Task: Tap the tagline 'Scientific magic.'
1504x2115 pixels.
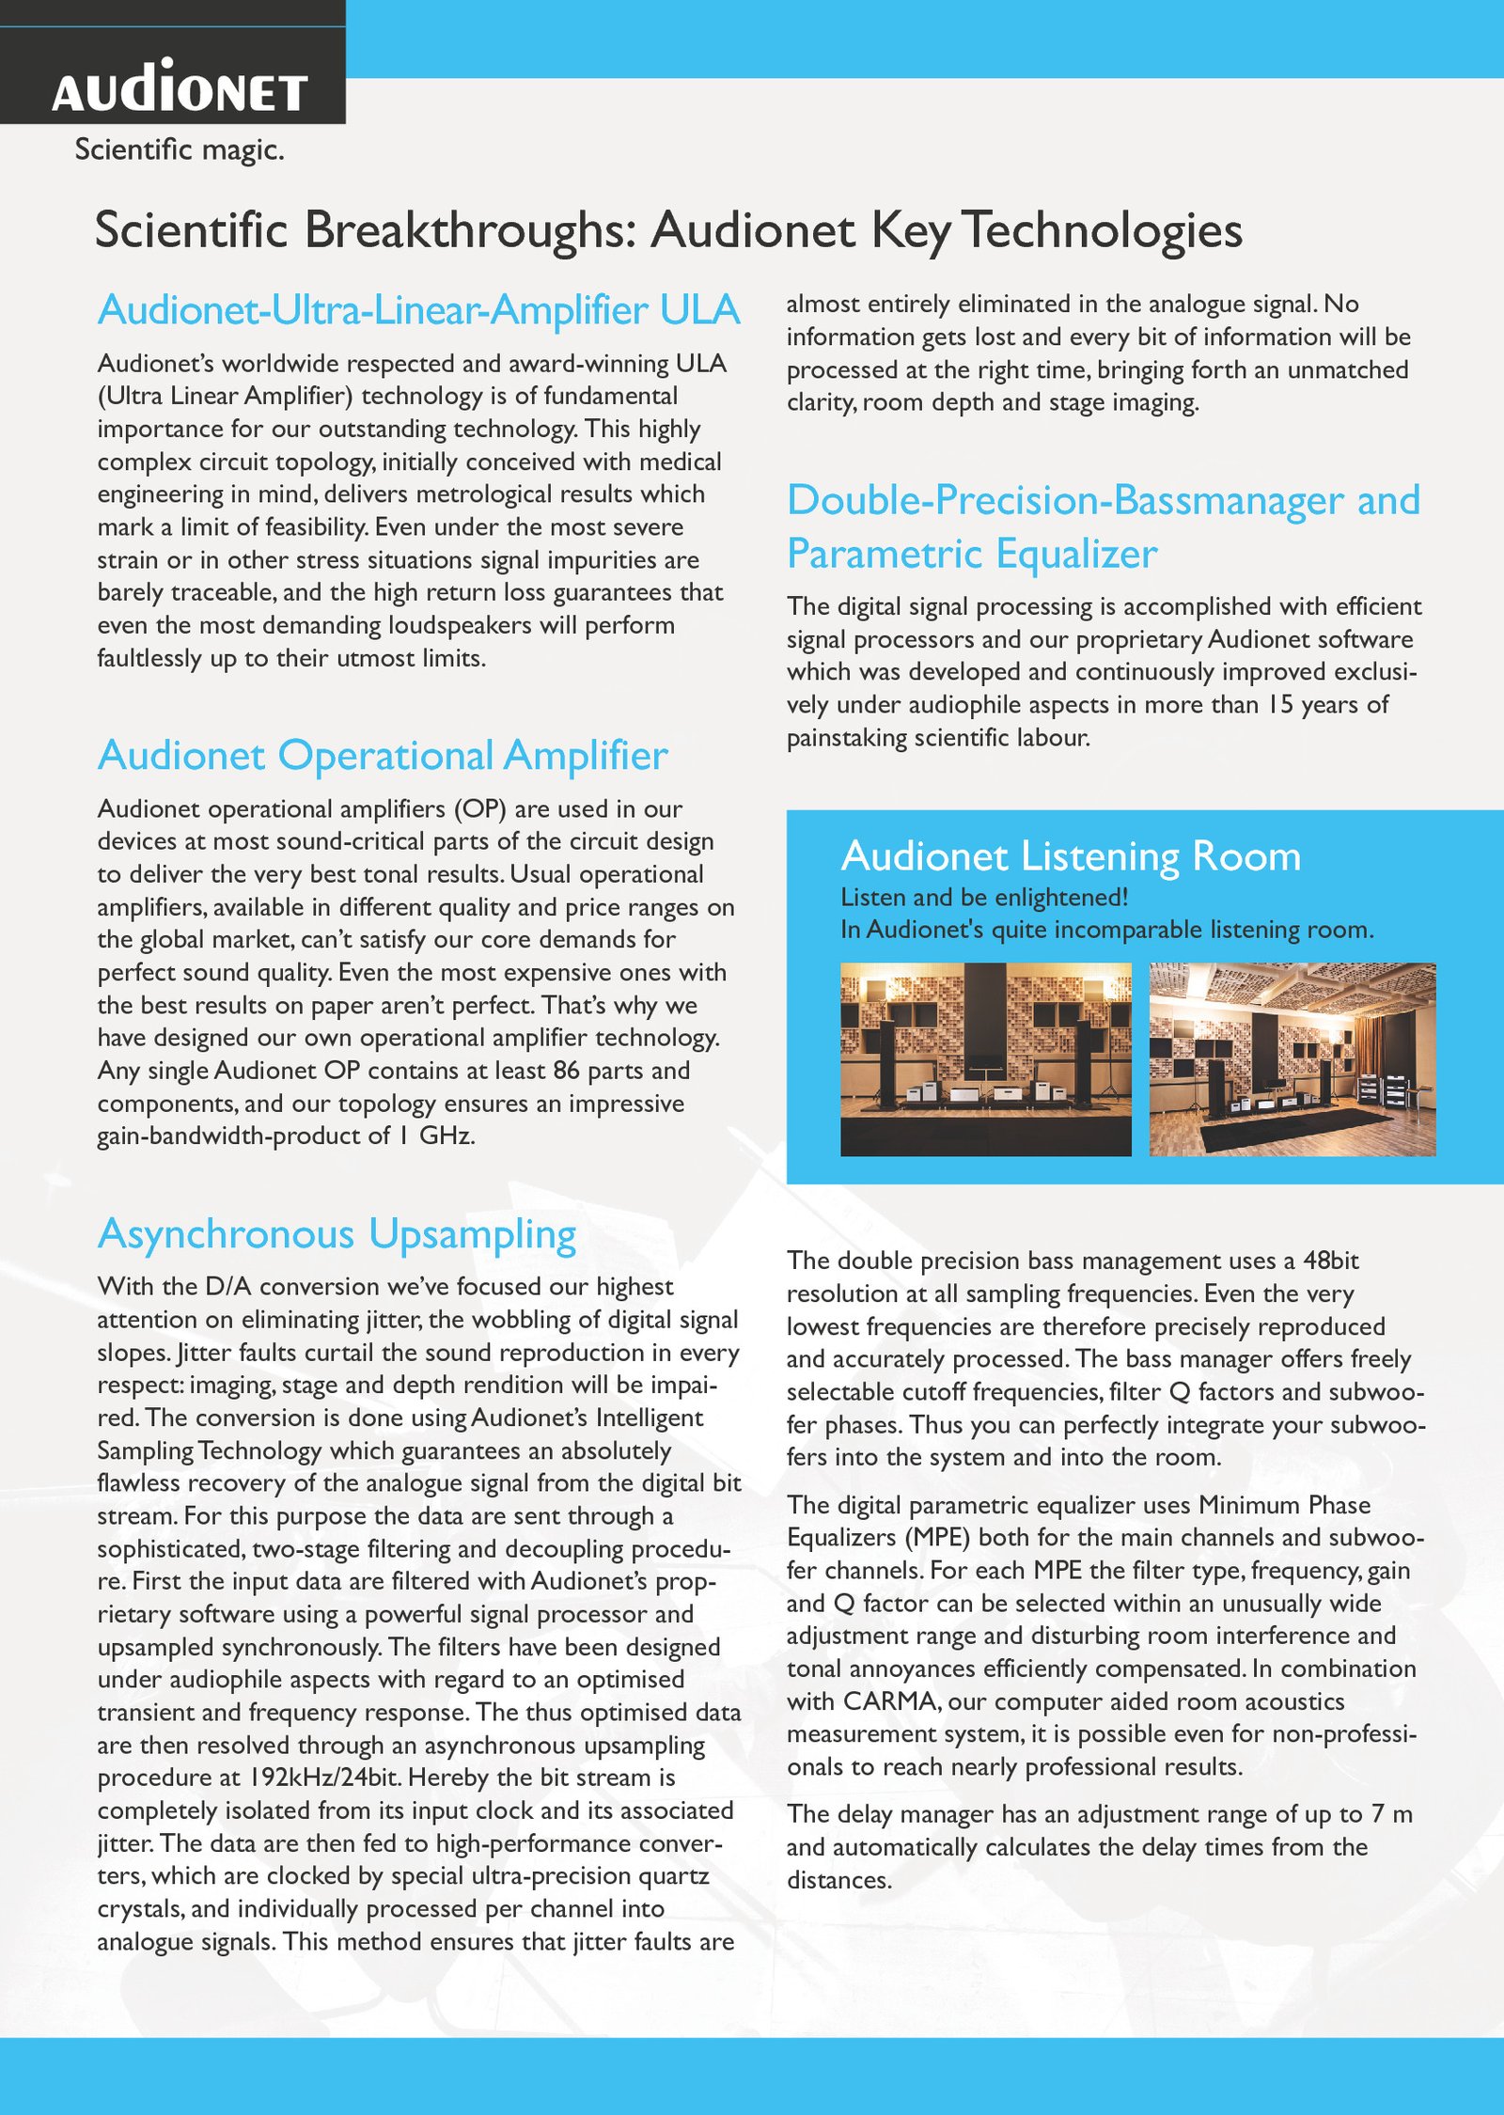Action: coord(180,149)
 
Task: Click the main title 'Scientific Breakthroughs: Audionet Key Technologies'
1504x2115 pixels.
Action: coord(668,230)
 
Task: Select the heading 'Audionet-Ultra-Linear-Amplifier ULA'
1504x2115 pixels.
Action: coord(418,310)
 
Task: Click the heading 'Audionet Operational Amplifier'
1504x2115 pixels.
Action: coord(383,756)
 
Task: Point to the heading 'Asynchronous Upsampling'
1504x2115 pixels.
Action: coord(337,1234)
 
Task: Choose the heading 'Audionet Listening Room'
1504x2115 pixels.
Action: coord(1071,856)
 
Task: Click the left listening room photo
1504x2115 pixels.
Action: coord(985,1059)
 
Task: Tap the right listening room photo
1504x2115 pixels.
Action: coord(1292,1059)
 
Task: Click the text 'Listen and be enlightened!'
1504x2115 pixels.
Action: coord(983,898)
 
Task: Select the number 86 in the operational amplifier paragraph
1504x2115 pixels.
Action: coord(566,1071)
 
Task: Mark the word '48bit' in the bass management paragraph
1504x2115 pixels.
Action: coord(1330,1261)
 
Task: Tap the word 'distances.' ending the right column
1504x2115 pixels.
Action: coord(838,1880)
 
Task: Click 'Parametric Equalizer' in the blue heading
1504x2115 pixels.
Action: coord(972,554)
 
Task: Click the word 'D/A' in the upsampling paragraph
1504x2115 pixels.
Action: coord(225,1287)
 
